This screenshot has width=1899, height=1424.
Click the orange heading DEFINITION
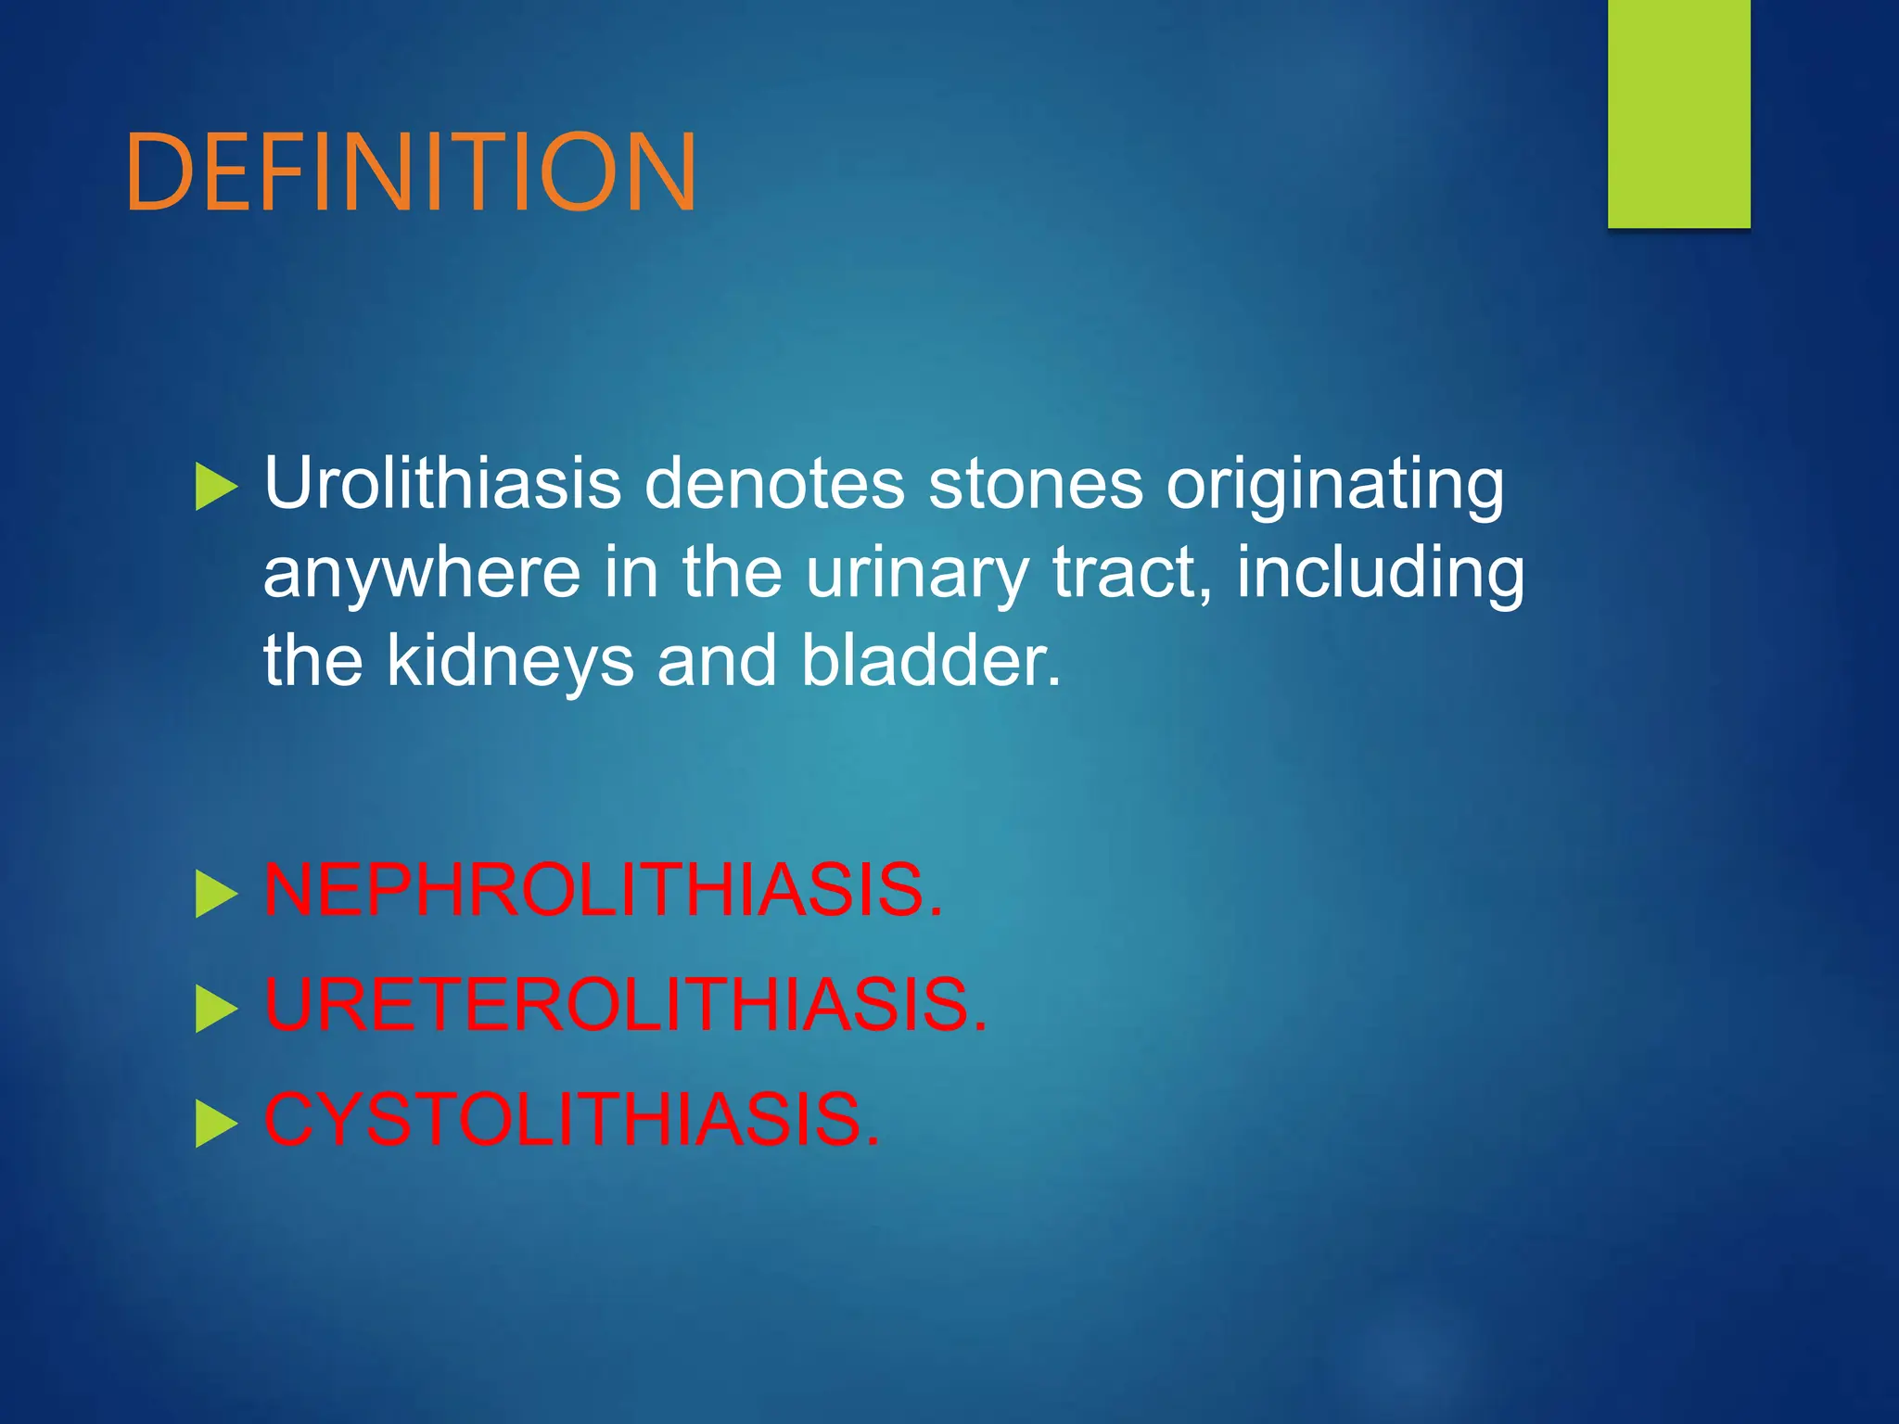pos(410,172)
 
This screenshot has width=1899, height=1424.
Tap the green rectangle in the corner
pos(1678,113)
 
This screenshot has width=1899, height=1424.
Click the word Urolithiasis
pos(442,484)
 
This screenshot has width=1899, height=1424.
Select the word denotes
pos(773,484)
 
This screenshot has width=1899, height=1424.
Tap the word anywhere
pos(422,573)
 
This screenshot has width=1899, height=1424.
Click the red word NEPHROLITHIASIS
pos(603,891)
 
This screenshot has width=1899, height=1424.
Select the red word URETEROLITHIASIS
pos(626,1005)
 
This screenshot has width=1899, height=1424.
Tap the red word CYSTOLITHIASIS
pos(571,1120)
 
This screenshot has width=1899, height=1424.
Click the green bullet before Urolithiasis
pos(216,487)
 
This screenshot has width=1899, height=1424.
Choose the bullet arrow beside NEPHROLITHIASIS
pos(216,895)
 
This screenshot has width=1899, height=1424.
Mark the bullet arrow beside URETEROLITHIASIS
pos(216,1010)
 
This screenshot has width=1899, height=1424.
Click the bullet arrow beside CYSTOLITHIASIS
pos(216,1125)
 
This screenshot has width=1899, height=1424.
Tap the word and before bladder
pos(716,660)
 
